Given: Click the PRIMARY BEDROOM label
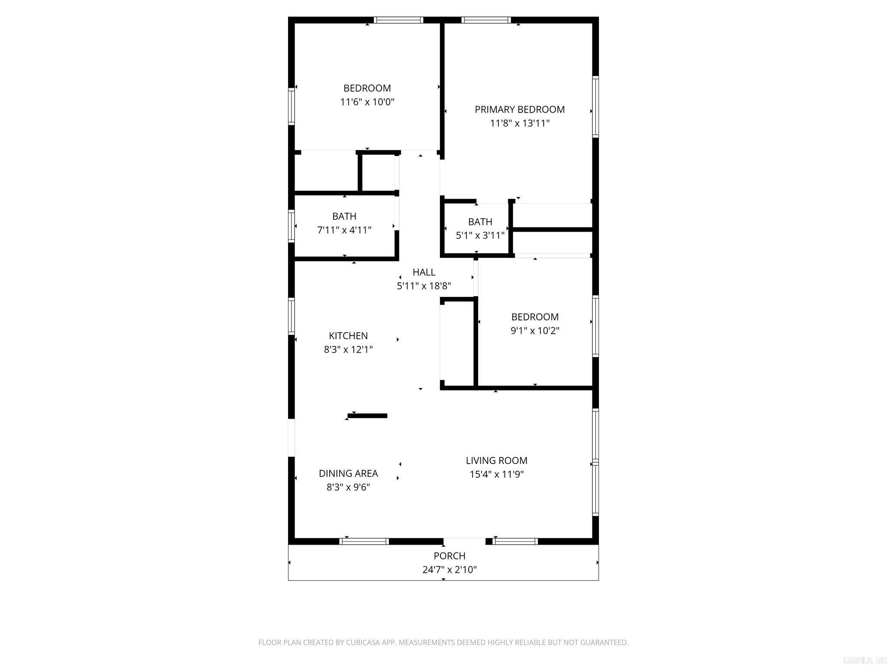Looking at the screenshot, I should [519, 110].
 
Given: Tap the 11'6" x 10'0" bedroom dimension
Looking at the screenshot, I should [367, 102].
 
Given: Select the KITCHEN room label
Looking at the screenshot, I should [348, 336].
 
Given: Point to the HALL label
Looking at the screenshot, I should [424, 272].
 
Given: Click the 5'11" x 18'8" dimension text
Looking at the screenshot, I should [424, 286].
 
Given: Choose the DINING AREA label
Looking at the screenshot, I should [348, 474].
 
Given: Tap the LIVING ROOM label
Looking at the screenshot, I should [496, 461].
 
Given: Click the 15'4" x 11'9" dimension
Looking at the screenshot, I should [496, 475].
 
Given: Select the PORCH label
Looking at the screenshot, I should [450, 556].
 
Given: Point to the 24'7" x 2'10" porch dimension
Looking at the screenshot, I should [450, 570].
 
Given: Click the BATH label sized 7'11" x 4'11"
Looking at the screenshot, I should [344, 216].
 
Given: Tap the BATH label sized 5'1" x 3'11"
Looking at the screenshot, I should [480, 222].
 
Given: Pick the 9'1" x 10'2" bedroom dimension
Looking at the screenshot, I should [535, 331].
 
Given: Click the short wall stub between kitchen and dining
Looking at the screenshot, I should [367, 416].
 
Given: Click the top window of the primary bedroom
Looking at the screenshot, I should [486, 20].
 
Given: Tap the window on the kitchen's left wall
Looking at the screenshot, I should [291, 316].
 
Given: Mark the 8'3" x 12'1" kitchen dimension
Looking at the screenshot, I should [348, 349].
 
